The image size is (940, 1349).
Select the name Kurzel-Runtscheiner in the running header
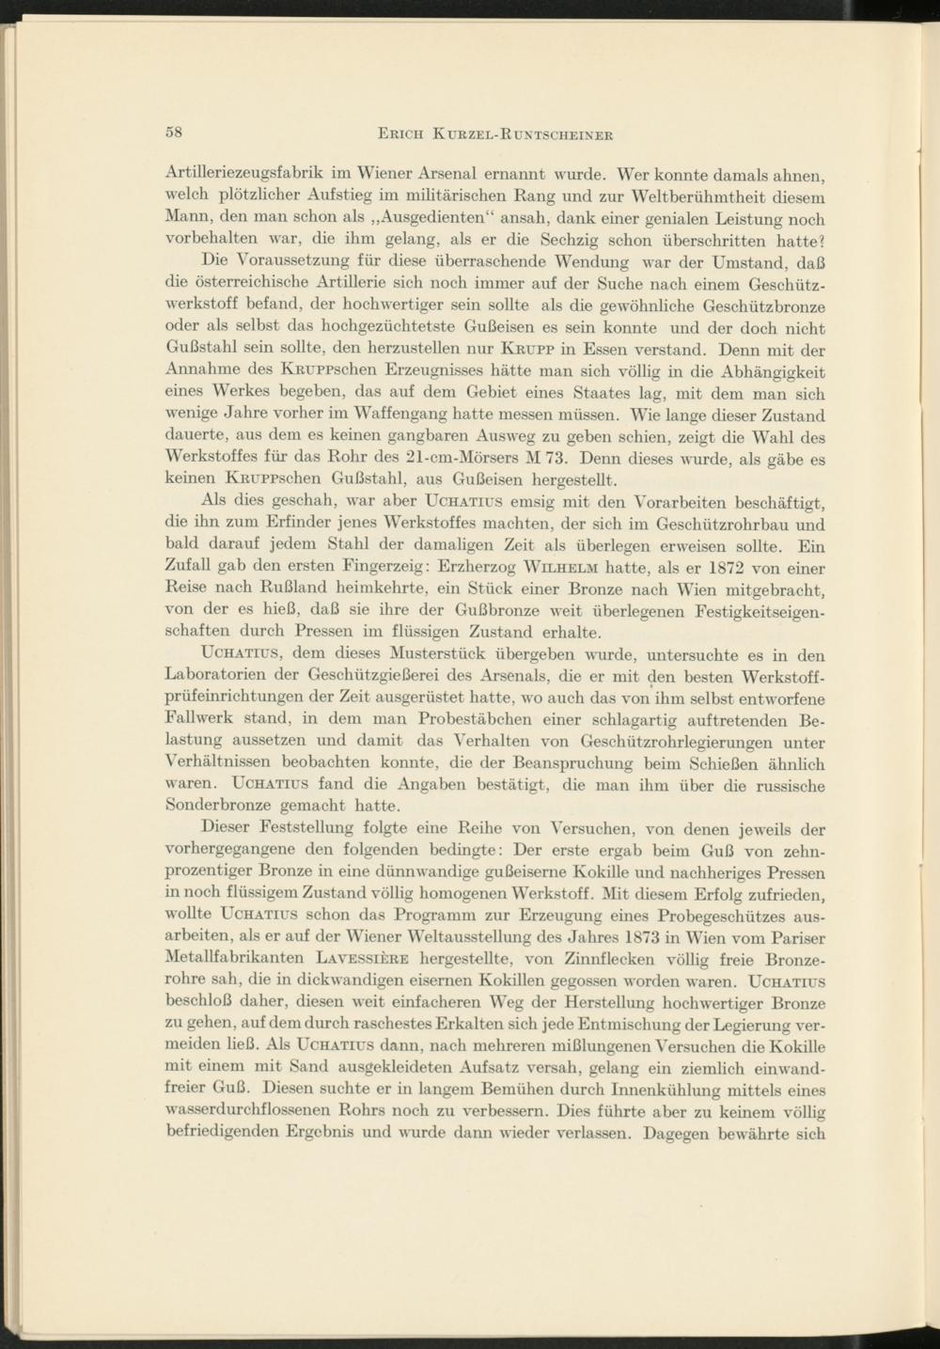pos(529,133)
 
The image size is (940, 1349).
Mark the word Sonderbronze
pos(218,805)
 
